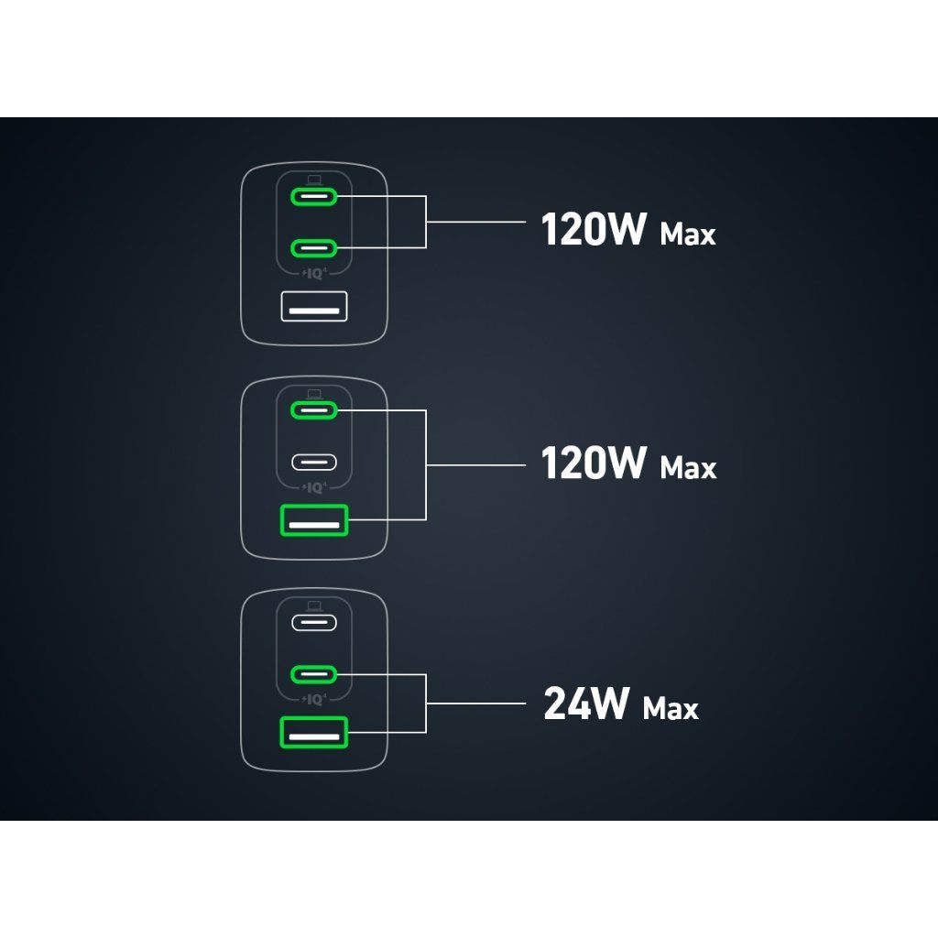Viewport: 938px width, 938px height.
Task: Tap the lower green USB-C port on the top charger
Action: click(x=314, y=247)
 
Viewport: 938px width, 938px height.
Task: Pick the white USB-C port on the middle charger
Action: click(x=314, y=462)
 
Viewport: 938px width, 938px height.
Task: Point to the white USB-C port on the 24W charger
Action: click(x=314, y=623)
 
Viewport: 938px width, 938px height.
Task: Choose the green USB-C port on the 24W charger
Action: click(x=314, y=675)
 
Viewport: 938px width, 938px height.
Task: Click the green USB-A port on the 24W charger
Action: click(x=314, y=734)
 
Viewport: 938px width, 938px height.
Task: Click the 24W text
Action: click(x=586, y=704)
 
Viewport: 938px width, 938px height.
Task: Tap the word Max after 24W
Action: click(x=671, y=708)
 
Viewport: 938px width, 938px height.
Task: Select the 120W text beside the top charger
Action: click(x=594, y=230)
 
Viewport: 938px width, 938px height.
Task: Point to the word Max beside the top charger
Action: click(x=687, y=234)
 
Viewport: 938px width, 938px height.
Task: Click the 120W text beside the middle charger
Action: click(x=594, y=464)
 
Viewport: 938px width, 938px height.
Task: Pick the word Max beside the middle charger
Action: click(x=687, y=468)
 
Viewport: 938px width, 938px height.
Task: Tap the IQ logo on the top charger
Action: click(x=314, y=272)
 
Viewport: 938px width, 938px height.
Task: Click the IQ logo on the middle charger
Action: click(x=314, y=486)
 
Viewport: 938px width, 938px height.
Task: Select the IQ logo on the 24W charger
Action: click(x=314, y=700)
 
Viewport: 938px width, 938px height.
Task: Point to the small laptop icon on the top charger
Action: click(x=314, y=179)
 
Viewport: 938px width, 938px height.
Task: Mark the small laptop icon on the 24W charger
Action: click(x=314, y=605)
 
